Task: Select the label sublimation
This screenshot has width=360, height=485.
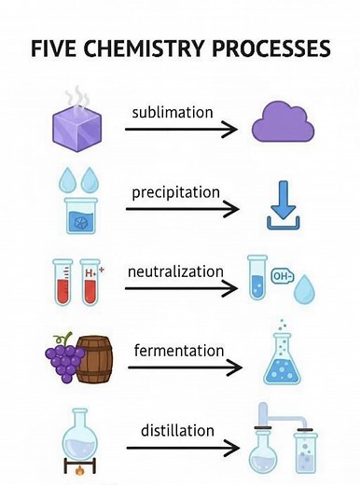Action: pyautogui.click(x=172, y=112)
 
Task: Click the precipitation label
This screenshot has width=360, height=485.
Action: pyautogui.click(x=175, y=192)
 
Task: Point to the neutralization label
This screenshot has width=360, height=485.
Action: pyautogui.click(x=176, y=271)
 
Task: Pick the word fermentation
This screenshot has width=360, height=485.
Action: pyautogui.click(x=180, y=351)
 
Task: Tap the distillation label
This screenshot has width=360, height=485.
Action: pyautogui.click(x=176, y=431)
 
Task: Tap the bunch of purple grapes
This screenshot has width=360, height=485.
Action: pyautogui.click(x=66, y=359)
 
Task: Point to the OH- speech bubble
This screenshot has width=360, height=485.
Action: pyautogui.click(x=280, y=275)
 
